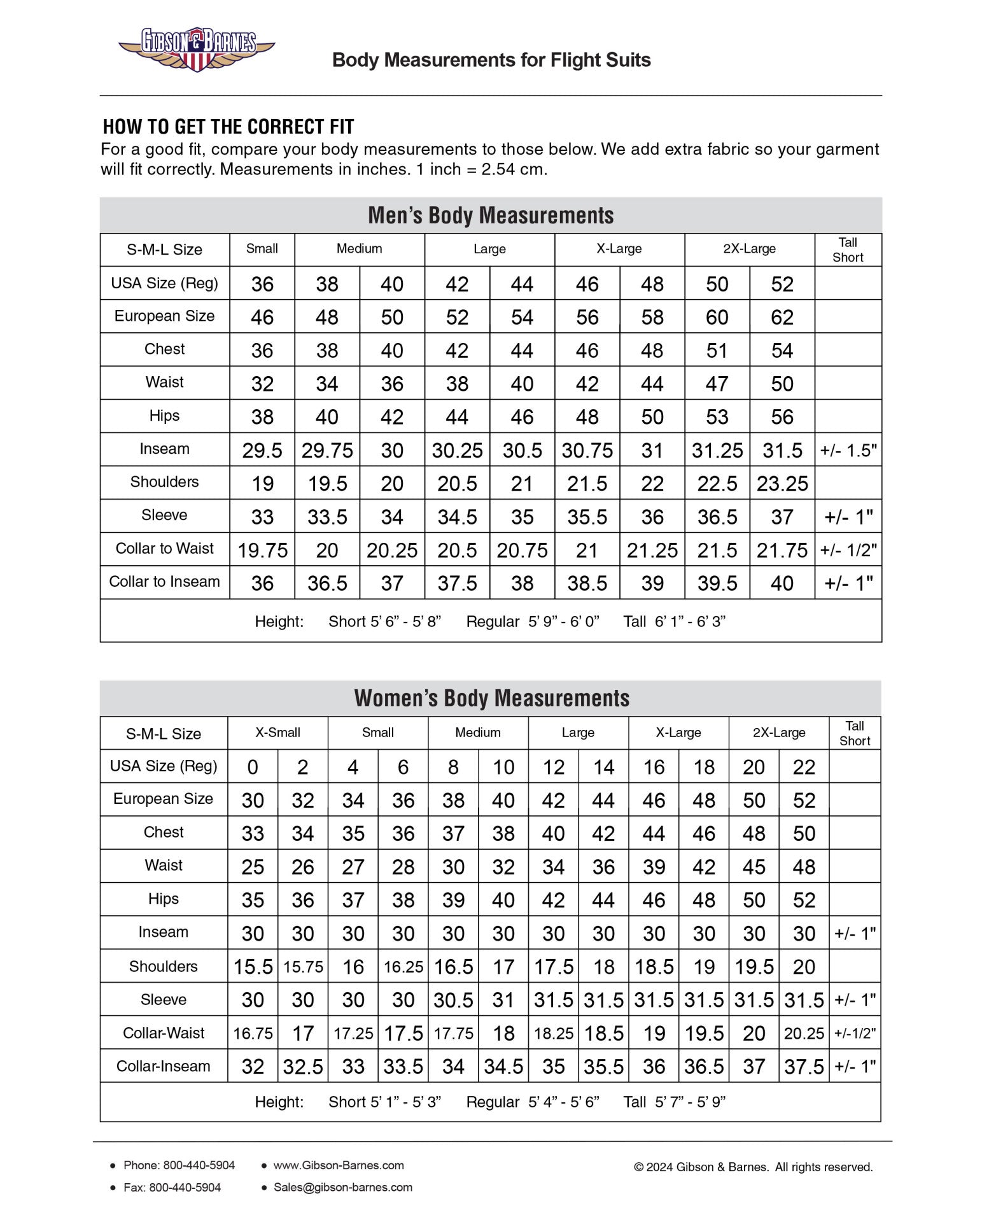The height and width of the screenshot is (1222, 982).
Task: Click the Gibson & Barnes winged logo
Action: pos(196,49)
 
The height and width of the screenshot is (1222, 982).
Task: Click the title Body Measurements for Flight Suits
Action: pos(491,60)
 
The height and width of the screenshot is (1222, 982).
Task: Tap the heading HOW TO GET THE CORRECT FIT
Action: pos(228,127)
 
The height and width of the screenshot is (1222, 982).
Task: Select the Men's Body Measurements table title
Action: pos(491,215)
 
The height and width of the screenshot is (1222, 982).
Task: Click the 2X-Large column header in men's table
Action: pos(749,249)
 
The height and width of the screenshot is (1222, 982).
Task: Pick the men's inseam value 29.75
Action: pos(327,451)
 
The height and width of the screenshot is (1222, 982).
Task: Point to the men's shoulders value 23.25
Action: pos(782,484)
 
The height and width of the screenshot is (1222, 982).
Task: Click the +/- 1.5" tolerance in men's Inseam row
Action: pos(848,451)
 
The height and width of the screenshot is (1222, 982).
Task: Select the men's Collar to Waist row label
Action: pos(164,549)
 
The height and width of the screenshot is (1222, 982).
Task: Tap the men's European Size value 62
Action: pos(782,318)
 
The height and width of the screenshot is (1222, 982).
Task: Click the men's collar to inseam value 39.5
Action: pos(717,583)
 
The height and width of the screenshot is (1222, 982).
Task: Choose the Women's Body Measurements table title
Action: pos(491,698)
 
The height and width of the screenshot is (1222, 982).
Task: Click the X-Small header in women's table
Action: pos(277,733)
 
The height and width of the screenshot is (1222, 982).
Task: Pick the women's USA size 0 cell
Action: pos(253,767)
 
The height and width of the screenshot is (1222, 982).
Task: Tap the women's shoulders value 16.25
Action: pos(403,967)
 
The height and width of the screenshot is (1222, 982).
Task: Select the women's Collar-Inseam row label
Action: pos(163,1066)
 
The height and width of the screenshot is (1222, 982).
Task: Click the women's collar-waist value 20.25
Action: pos(804,1034)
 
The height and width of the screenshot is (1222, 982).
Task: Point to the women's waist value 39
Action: pos(654,867)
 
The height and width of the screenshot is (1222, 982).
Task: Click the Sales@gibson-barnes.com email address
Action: pos(342,1187)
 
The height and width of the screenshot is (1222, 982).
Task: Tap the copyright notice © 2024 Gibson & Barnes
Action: pos(753,1167)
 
